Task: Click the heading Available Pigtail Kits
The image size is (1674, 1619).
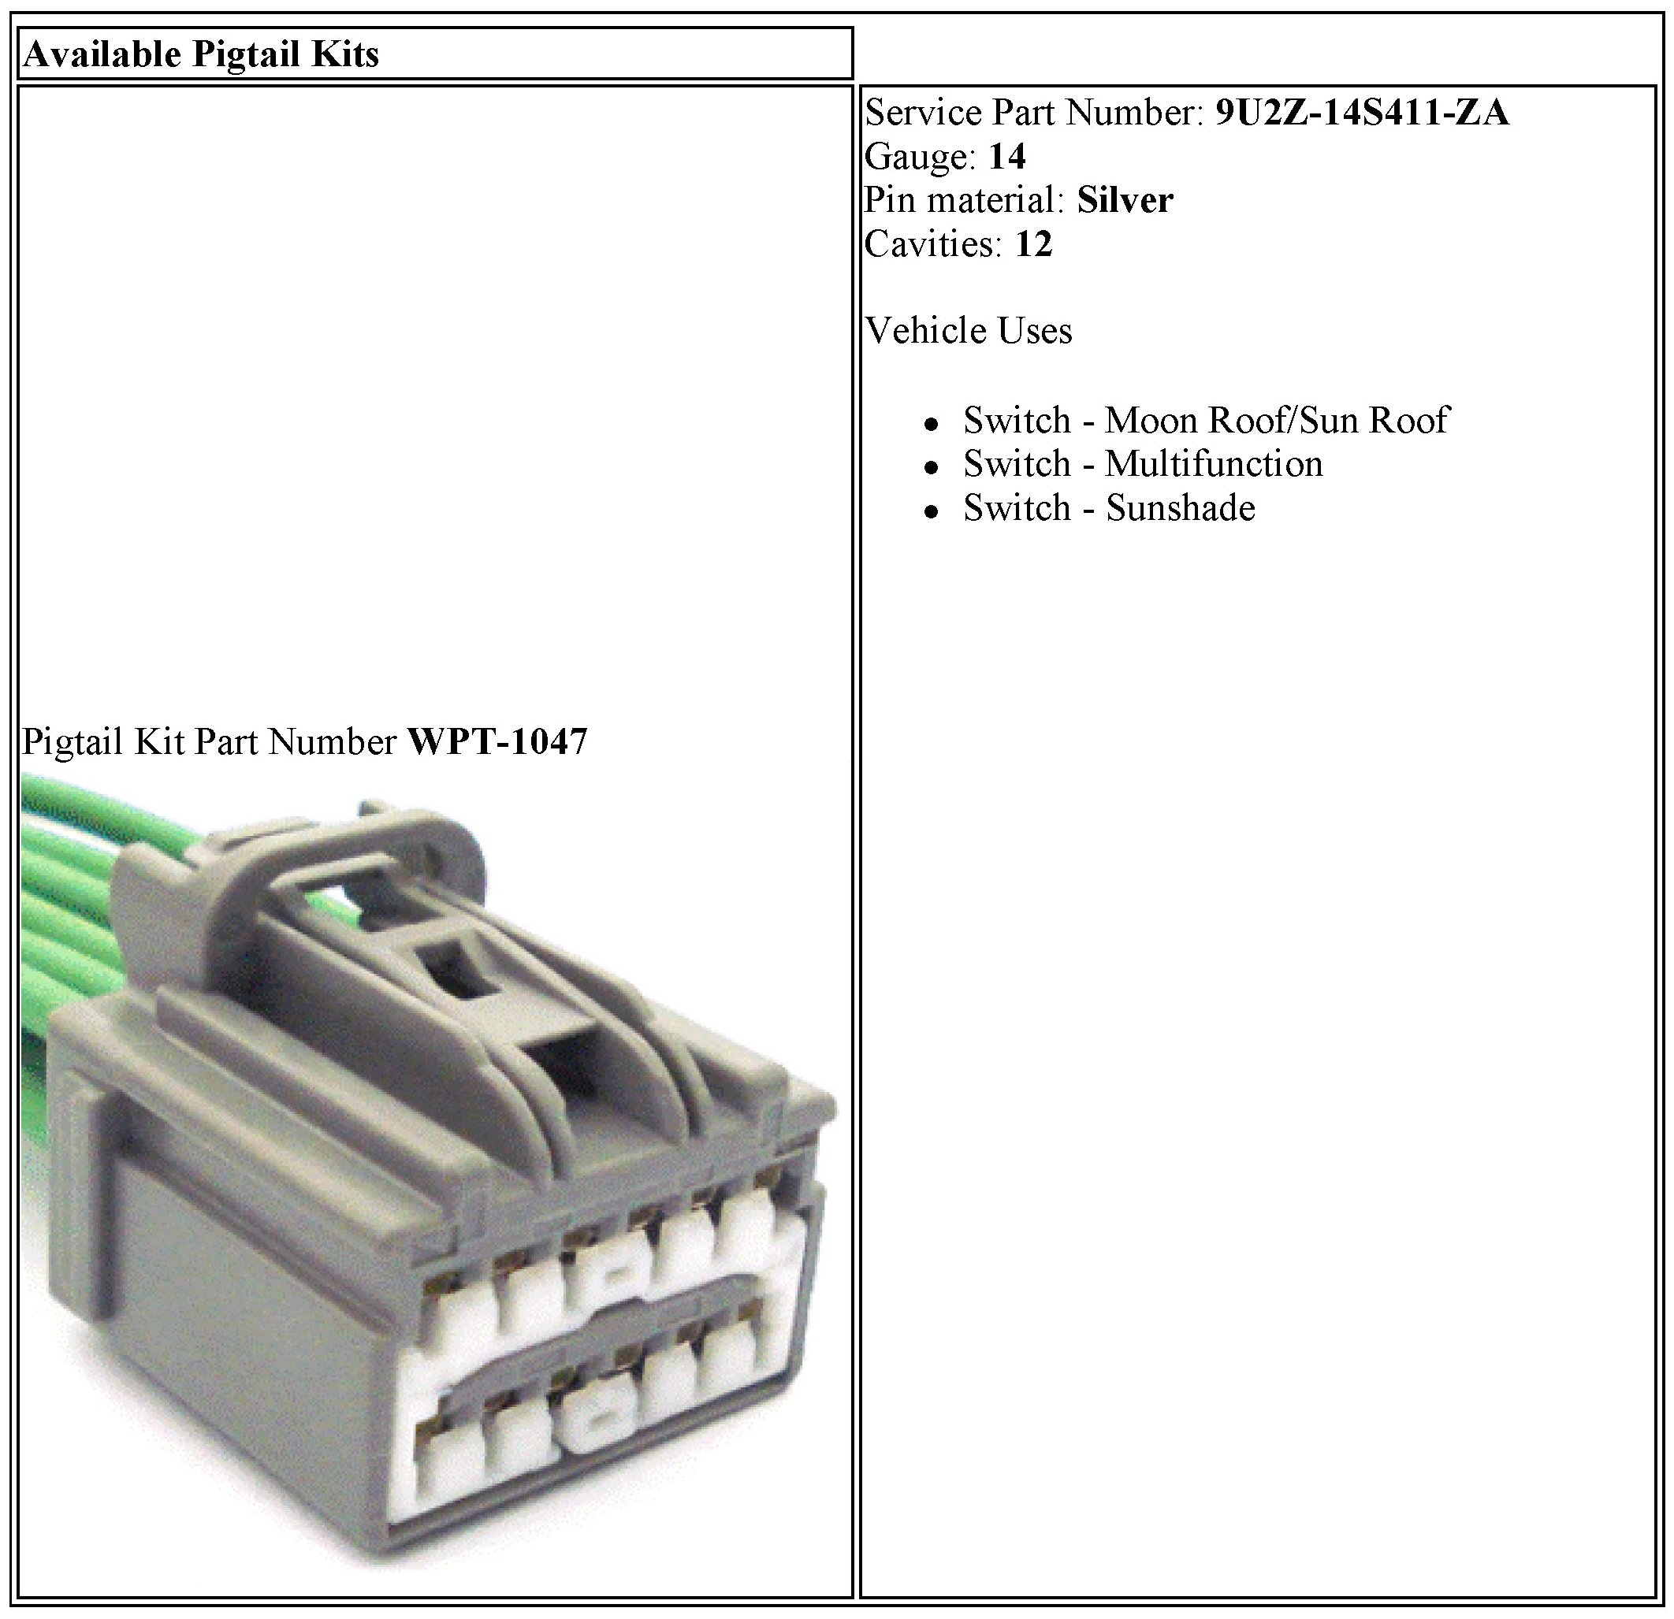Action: tap(202, 54)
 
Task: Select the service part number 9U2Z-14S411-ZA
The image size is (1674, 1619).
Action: tap(1362, 113)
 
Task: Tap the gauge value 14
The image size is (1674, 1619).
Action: tap(1007, 156)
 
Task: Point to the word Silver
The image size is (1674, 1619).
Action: tap(1125, 201)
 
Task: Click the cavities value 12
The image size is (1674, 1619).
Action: tap(1033, 244)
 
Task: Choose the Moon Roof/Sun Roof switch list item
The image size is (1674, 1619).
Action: tap(1206, 420)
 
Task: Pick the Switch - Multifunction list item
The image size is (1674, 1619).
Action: tap(1143, 465)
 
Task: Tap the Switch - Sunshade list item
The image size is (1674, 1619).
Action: tap(1110, 509)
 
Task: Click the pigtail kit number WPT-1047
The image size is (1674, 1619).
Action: tap(498, 742)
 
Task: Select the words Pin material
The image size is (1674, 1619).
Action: tap(961, 201)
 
